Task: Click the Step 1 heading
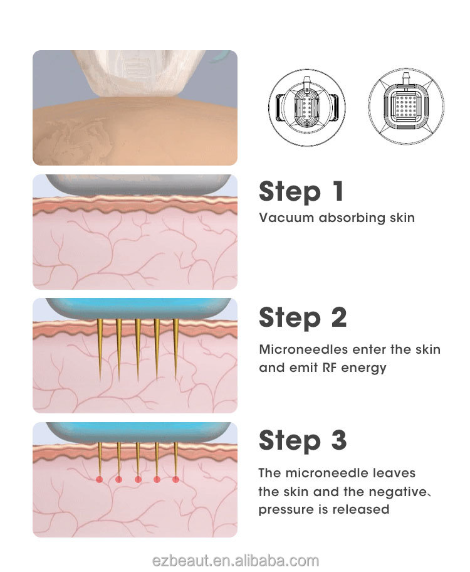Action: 301,191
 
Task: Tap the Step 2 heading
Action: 302,317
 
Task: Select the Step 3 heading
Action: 302,440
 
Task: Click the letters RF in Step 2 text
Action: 329,368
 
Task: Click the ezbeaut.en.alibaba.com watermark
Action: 235,560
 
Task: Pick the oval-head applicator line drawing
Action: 306,107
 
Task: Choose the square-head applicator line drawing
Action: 406,106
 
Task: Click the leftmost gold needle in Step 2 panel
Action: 100,350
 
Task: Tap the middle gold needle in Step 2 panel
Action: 137,350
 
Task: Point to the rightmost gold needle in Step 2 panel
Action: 175,350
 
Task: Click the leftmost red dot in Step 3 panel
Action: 99,479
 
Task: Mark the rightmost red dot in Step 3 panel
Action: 175,479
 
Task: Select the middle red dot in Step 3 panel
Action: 138,479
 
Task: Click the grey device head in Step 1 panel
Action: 138,184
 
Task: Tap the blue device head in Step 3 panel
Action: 138,432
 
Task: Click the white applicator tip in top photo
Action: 138,73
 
